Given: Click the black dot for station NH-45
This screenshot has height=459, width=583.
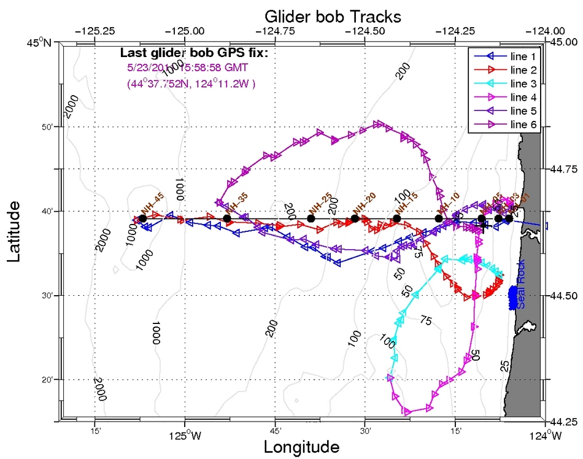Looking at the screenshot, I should [x=142, y=218].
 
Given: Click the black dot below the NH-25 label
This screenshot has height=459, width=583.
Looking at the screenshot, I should [x=311, y=218].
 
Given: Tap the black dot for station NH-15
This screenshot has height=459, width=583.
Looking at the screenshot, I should [x=397, y=218].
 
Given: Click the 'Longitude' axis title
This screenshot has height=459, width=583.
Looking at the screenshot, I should [x=301, y=447].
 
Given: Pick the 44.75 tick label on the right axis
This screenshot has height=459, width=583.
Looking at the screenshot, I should [x=564, y=169].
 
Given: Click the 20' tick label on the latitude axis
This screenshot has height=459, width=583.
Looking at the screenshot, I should [x=48, y=380].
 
